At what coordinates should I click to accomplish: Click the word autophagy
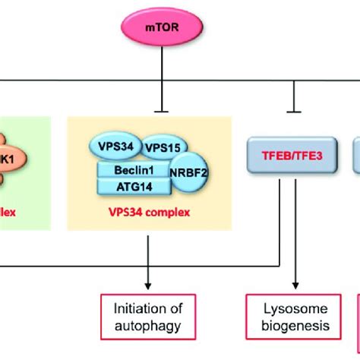tap(147, 327)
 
